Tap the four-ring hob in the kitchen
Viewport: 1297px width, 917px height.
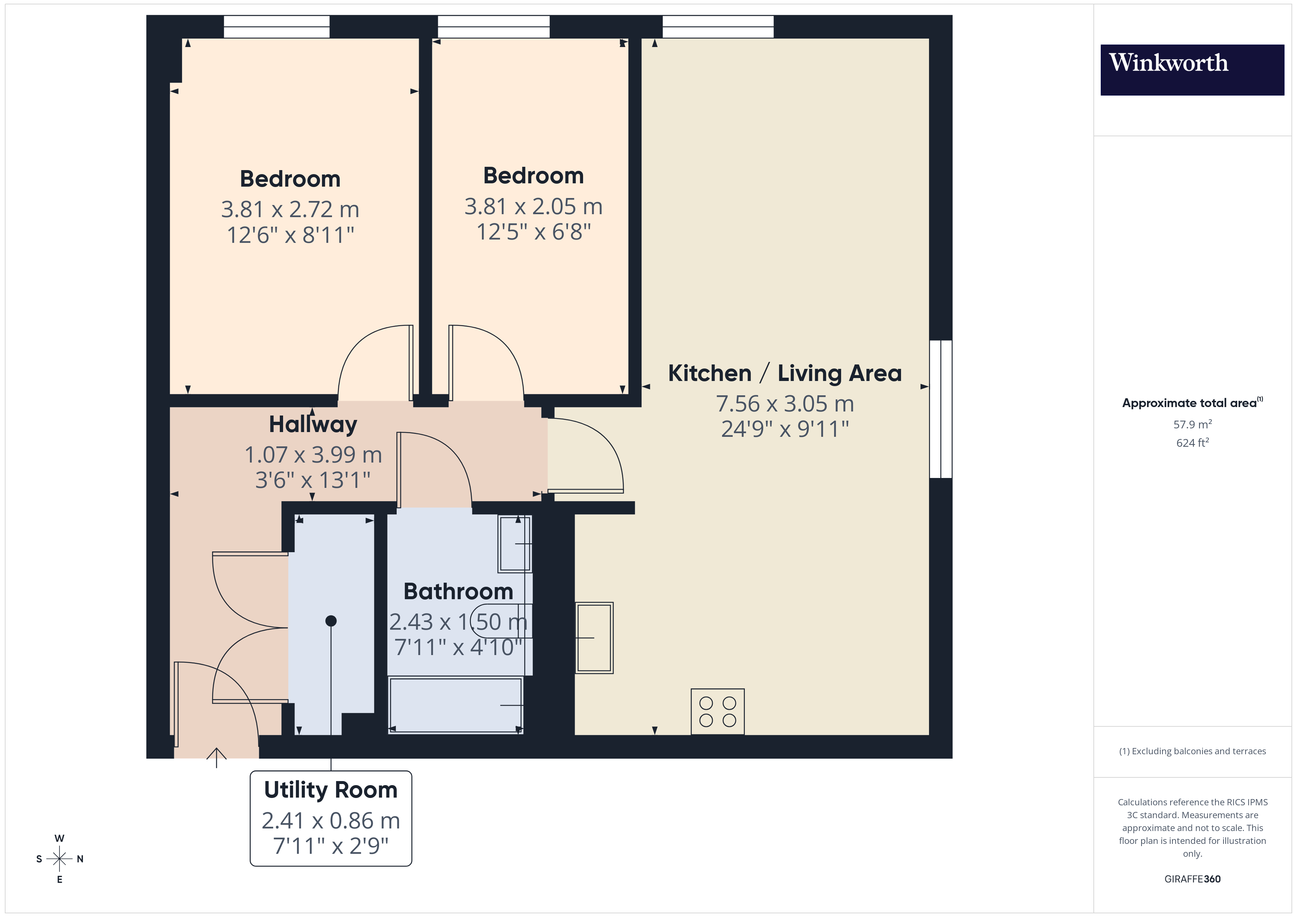click(717, 712)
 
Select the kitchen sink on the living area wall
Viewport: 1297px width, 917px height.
click(594, 637)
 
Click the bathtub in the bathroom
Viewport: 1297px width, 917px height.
click(455, 705)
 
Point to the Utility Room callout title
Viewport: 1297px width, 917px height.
click(330, 790)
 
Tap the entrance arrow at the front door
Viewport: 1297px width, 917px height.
click(217, 757)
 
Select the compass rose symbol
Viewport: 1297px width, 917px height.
click(59, 859)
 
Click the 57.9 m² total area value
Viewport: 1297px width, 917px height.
click(1192, 424)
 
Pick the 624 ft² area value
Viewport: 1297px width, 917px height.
click(1192, 443)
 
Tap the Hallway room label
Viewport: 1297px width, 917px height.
click(313, 425)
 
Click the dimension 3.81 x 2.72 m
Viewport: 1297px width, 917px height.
click(290, 209)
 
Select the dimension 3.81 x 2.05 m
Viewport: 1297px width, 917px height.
click(533, 207)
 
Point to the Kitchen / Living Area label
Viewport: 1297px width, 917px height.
click(784, 373)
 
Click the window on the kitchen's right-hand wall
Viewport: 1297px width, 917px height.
click(940, 409)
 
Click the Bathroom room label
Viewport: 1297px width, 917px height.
click(458, 591)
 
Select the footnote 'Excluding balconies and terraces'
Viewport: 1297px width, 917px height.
click(1192, 751)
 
